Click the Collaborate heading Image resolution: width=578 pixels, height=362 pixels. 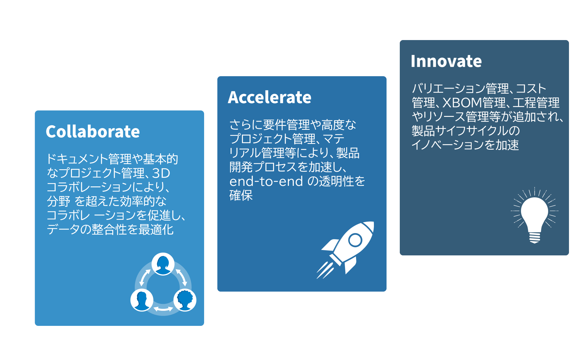93,132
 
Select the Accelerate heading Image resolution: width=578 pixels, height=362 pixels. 270,97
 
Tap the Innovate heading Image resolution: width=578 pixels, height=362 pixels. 446,61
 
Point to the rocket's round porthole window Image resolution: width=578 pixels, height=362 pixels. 355,240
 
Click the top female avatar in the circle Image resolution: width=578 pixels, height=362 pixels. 163,264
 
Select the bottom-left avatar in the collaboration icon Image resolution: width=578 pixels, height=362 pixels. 142,300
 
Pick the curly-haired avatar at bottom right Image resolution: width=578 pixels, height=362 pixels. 185,300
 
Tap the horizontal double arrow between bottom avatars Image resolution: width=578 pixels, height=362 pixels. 163,309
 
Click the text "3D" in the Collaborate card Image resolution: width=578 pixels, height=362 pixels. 161,173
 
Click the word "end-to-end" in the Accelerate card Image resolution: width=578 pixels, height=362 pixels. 266,181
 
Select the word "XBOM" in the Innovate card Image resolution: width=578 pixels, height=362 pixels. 462,103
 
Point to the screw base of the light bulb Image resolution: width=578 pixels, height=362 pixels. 535,238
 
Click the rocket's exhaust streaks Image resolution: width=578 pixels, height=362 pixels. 325,270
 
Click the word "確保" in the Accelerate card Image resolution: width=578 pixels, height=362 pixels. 241,195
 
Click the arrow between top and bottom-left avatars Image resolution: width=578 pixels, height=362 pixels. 145,277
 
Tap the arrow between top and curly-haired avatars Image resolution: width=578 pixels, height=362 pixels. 182,277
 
